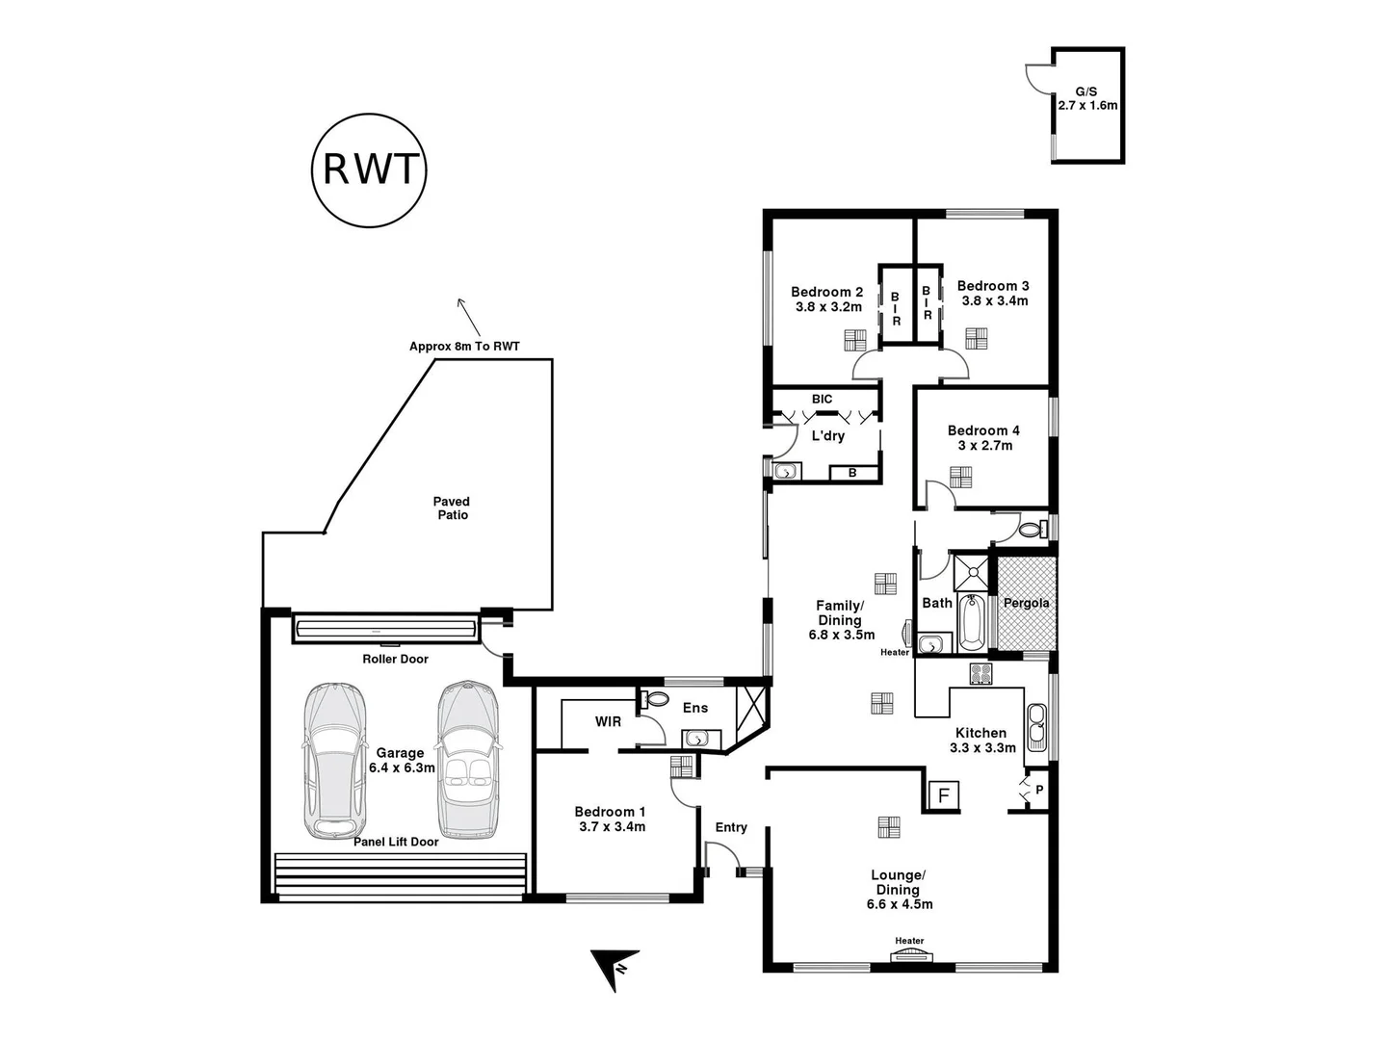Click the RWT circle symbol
pos(370,169)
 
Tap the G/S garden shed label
pos(1086,90)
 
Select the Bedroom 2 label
pos(826,292)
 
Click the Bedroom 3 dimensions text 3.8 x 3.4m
pos(994,300)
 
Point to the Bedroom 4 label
pos(982,430)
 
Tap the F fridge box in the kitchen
pos(944,795)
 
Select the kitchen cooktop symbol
pos(981,674)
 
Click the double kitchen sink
pos(1036,727)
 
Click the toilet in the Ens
pos(655,697)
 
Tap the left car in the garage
pos(335,761)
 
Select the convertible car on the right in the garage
pos(468,761)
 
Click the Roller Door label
pos(395,659)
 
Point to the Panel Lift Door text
pos(396,842)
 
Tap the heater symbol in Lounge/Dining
pos(909,954)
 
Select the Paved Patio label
pos(451,508)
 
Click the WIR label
pos(608,721)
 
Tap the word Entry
pos(731,827)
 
